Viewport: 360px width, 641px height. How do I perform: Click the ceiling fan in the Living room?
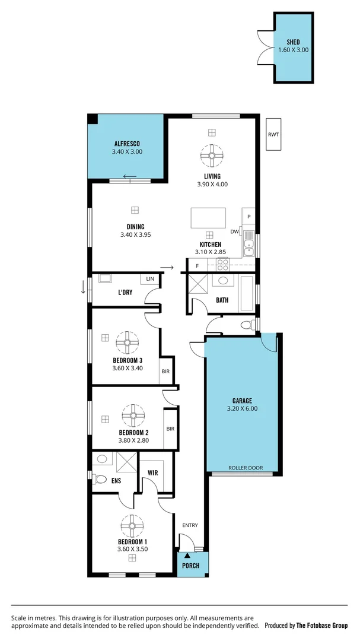(212, 156)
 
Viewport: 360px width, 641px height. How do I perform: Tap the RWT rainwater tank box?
(273, 135)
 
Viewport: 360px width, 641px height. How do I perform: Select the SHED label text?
(293, 42)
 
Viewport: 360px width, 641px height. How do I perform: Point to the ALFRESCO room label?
(127, 144)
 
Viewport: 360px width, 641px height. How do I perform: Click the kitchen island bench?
(208, 217)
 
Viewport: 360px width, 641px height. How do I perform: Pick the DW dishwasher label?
(234, 231)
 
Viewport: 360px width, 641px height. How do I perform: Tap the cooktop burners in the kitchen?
(222, 264)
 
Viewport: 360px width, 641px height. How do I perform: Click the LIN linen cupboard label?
(150, 278)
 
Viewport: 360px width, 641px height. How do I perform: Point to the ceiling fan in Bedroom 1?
(132, 525)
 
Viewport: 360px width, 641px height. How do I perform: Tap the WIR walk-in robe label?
(152, 473)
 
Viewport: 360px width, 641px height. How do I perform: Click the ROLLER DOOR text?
(246, 468)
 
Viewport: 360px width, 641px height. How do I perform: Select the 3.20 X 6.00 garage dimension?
(242, 408)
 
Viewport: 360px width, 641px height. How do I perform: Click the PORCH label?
(190, 566)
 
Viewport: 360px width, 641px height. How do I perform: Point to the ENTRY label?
(190, 525)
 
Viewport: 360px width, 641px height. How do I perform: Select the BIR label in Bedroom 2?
(170, 429)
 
